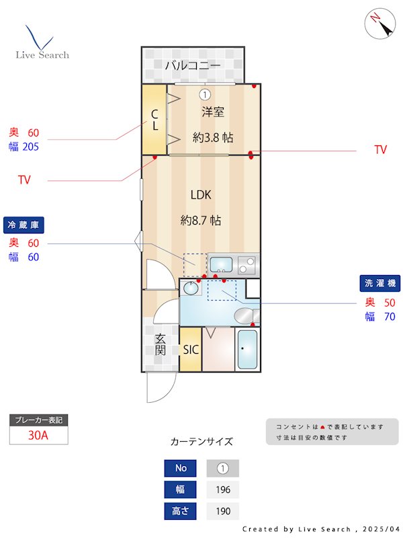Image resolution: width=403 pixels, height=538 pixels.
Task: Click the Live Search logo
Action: [42, 42]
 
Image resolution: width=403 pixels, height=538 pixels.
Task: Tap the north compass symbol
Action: [380, 24]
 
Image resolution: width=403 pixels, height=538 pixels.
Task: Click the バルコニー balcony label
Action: [193, 65]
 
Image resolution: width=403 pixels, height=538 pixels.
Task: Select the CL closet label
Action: [155, 120]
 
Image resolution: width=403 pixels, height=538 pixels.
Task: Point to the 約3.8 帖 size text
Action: [213, 138]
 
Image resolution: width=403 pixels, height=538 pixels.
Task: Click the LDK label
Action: [201, 195]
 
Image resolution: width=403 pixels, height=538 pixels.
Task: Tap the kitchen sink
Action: [221, 264]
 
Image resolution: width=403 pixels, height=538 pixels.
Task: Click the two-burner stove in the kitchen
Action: [247, 265]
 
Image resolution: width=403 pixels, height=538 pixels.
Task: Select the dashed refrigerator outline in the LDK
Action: [195, 265]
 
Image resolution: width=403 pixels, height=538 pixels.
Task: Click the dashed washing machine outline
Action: [222, 291]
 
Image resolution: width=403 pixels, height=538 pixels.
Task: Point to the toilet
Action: [247, 315]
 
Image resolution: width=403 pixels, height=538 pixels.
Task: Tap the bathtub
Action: [247, 349]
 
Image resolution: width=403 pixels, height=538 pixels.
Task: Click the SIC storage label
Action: [191, 350]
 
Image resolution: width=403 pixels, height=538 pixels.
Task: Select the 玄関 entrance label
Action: [160, 344]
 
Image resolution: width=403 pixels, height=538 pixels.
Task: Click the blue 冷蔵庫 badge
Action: [24, 225]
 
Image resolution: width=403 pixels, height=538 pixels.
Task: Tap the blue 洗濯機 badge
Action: [379, 283]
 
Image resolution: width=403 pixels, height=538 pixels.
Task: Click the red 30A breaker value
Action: [38, 435]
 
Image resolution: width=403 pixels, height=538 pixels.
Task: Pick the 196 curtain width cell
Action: [223, 490]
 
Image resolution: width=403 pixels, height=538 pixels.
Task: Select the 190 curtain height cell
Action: [223, 511]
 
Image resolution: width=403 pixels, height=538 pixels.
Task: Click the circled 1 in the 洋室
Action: [205, 94]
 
